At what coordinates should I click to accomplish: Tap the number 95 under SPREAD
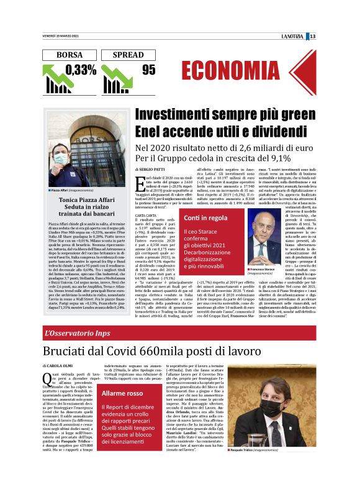coord(148,70)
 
